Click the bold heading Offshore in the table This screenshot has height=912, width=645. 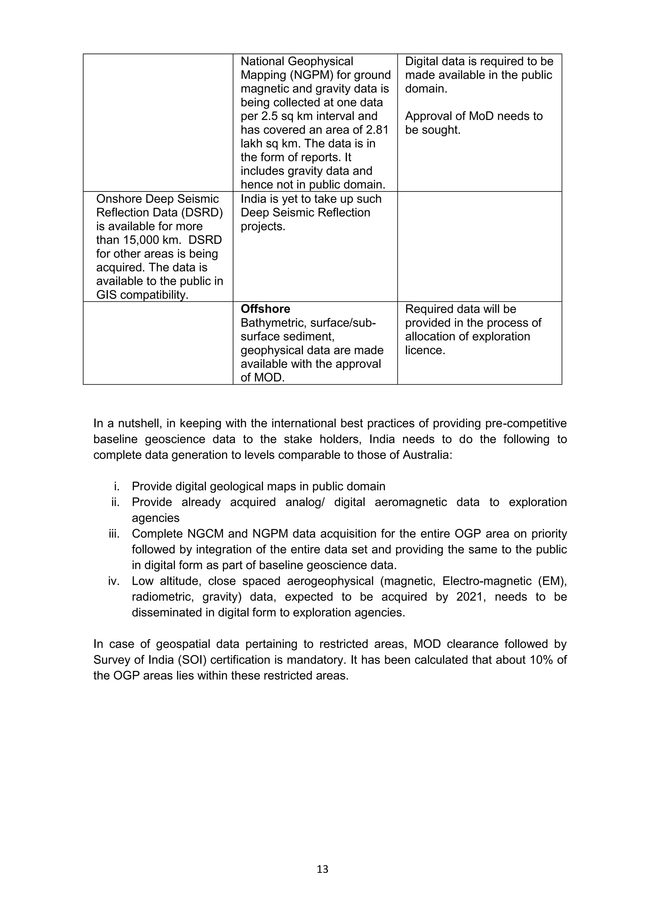pos(265,309)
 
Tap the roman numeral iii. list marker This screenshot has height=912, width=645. pos(114,534)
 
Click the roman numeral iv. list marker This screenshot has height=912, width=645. pos(114,581)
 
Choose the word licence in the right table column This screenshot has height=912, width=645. pos(425,350)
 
